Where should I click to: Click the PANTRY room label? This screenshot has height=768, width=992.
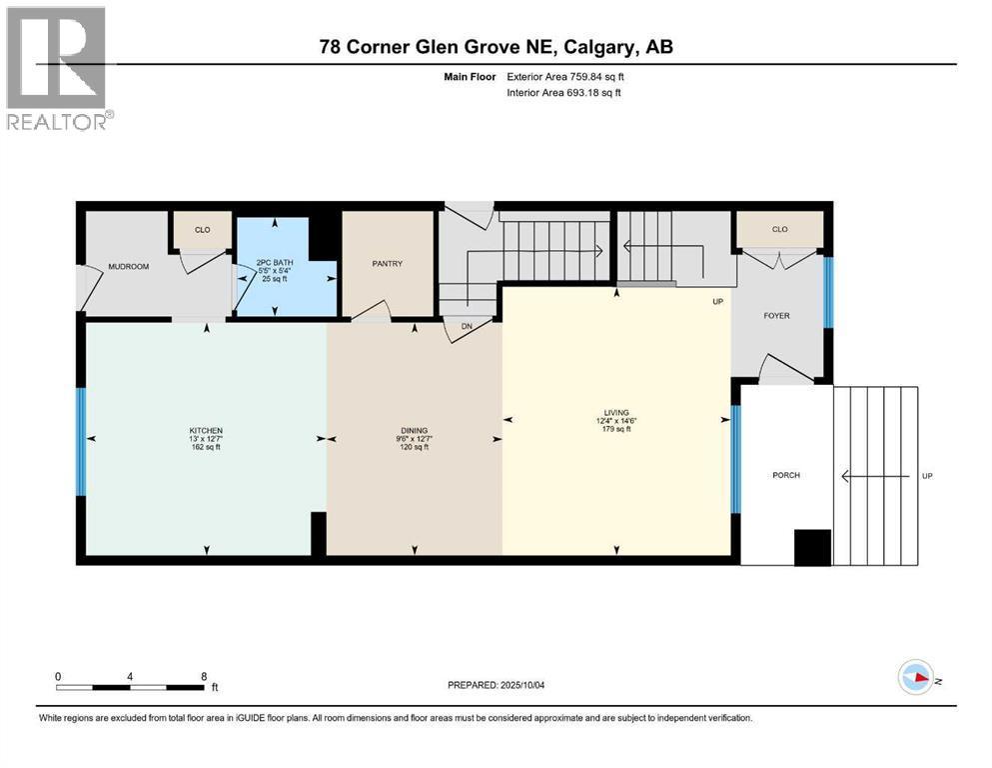388,263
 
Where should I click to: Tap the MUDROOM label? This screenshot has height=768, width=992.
129,267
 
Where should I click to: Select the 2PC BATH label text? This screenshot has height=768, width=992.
275,262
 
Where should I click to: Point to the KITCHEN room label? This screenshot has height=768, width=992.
206,431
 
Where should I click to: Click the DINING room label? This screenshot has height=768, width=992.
415,431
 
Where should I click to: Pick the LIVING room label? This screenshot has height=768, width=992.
616,412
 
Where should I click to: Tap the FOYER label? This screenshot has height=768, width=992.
777,315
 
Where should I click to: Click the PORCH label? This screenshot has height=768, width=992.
786,475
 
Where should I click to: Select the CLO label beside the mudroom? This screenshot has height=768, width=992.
203,230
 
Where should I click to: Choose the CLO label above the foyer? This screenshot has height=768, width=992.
780,229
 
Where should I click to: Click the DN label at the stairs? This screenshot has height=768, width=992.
467,327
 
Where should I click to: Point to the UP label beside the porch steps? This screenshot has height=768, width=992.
927,476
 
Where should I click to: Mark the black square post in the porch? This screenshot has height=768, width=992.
812,548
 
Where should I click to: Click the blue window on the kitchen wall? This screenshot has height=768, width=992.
81,441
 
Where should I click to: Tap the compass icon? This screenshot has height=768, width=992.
915,677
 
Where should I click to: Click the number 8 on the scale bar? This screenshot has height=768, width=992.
204,676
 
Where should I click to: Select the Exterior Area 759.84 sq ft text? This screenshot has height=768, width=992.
565,77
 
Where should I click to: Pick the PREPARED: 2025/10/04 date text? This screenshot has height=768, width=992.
496,685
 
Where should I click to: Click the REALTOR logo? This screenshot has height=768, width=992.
60,68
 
